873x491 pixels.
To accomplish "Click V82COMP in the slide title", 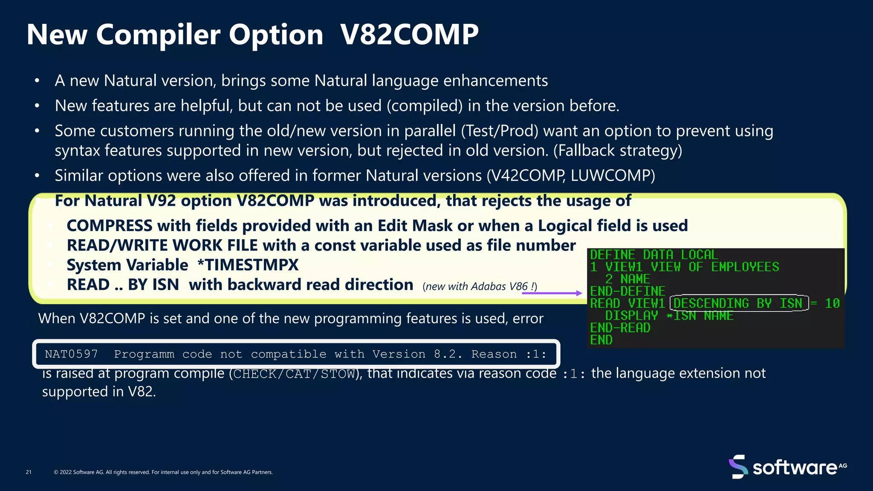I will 409,34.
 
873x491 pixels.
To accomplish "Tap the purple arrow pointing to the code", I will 552,293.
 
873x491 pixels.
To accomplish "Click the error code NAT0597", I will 71,354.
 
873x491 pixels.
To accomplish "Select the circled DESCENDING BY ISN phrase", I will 739,303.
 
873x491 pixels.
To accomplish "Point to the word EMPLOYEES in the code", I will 745,267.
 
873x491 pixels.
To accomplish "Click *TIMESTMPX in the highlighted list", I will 248,265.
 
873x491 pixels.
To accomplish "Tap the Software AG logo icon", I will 737,467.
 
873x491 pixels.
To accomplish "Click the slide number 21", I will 29,472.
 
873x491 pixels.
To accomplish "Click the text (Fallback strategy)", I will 618,150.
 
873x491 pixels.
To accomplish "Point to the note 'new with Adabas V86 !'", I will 480,286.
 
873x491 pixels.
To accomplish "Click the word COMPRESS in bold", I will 110,226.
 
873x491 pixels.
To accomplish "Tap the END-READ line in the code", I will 620,328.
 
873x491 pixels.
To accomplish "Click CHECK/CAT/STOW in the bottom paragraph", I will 294,374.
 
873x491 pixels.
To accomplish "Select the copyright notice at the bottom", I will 163,472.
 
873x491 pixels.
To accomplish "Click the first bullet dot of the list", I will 37,81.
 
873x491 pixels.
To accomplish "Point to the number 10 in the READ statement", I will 832,303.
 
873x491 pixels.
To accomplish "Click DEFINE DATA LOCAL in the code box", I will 654,255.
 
